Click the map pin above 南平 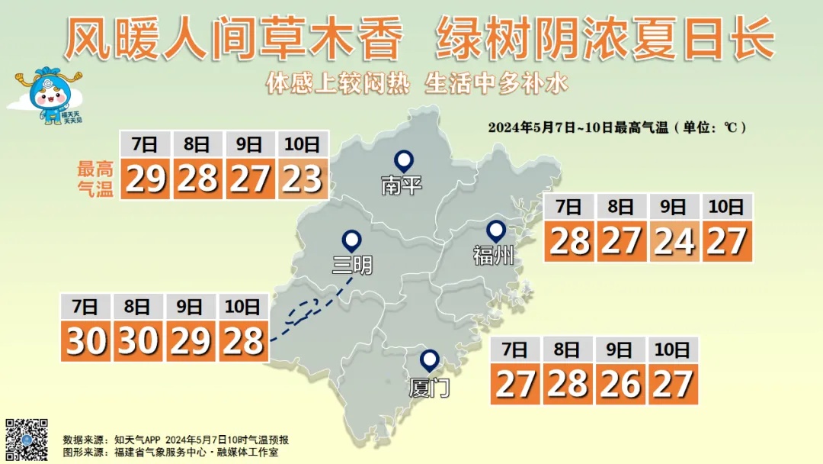[x=403, y=160]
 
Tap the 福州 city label [x=493, y=256]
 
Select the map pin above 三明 [x=351, y=240]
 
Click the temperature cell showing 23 [x=303, y=179]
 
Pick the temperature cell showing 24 [x=674, y=241]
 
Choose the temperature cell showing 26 [x=620, y=384]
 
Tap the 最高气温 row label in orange [x=95, y=179]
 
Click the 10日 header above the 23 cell [x=303, y=144]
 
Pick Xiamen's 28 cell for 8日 [x=568, y=384]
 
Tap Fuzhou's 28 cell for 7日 [x=569, y=241]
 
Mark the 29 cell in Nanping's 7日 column [x=145, y=179]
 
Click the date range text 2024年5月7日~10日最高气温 [x=579, y=127]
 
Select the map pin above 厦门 [x=430, y=360]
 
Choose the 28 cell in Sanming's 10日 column [x=243, y=341]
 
